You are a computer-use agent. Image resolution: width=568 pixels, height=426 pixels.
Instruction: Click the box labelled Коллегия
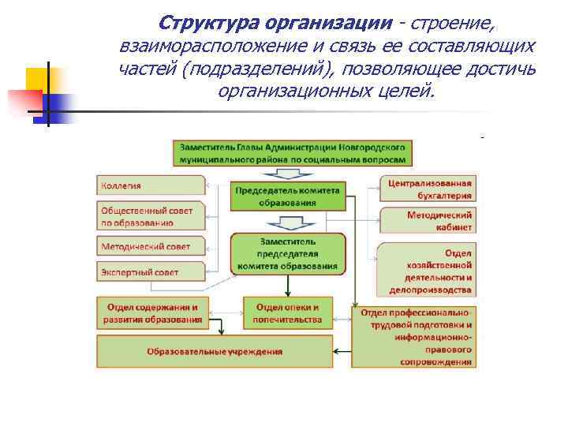150,185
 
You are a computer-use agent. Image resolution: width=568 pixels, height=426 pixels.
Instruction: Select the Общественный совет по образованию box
150,216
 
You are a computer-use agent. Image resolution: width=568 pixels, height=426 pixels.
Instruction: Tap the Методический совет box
150,246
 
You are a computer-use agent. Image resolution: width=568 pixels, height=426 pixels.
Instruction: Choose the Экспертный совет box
150,272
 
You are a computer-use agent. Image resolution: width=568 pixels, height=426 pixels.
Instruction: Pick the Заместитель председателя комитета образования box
287,253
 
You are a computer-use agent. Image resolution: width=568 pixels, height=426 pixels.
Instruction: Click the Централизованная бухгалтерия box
428,189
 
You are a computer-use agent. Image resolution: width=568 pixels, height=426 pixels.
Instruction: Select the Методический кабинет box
428,220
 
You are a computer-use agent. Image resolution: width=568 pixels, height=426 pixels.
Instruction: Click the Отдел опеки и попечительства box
287,312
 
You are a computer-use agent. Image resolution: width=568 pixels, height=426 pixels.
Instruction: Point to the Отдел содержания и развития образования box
150,312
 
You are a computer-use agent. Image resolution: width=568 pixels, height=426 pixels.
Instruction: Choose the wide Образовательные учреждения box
215,351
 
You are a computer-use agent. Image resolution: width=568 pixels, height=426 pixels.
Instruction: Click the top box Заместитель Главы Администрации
293,152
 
